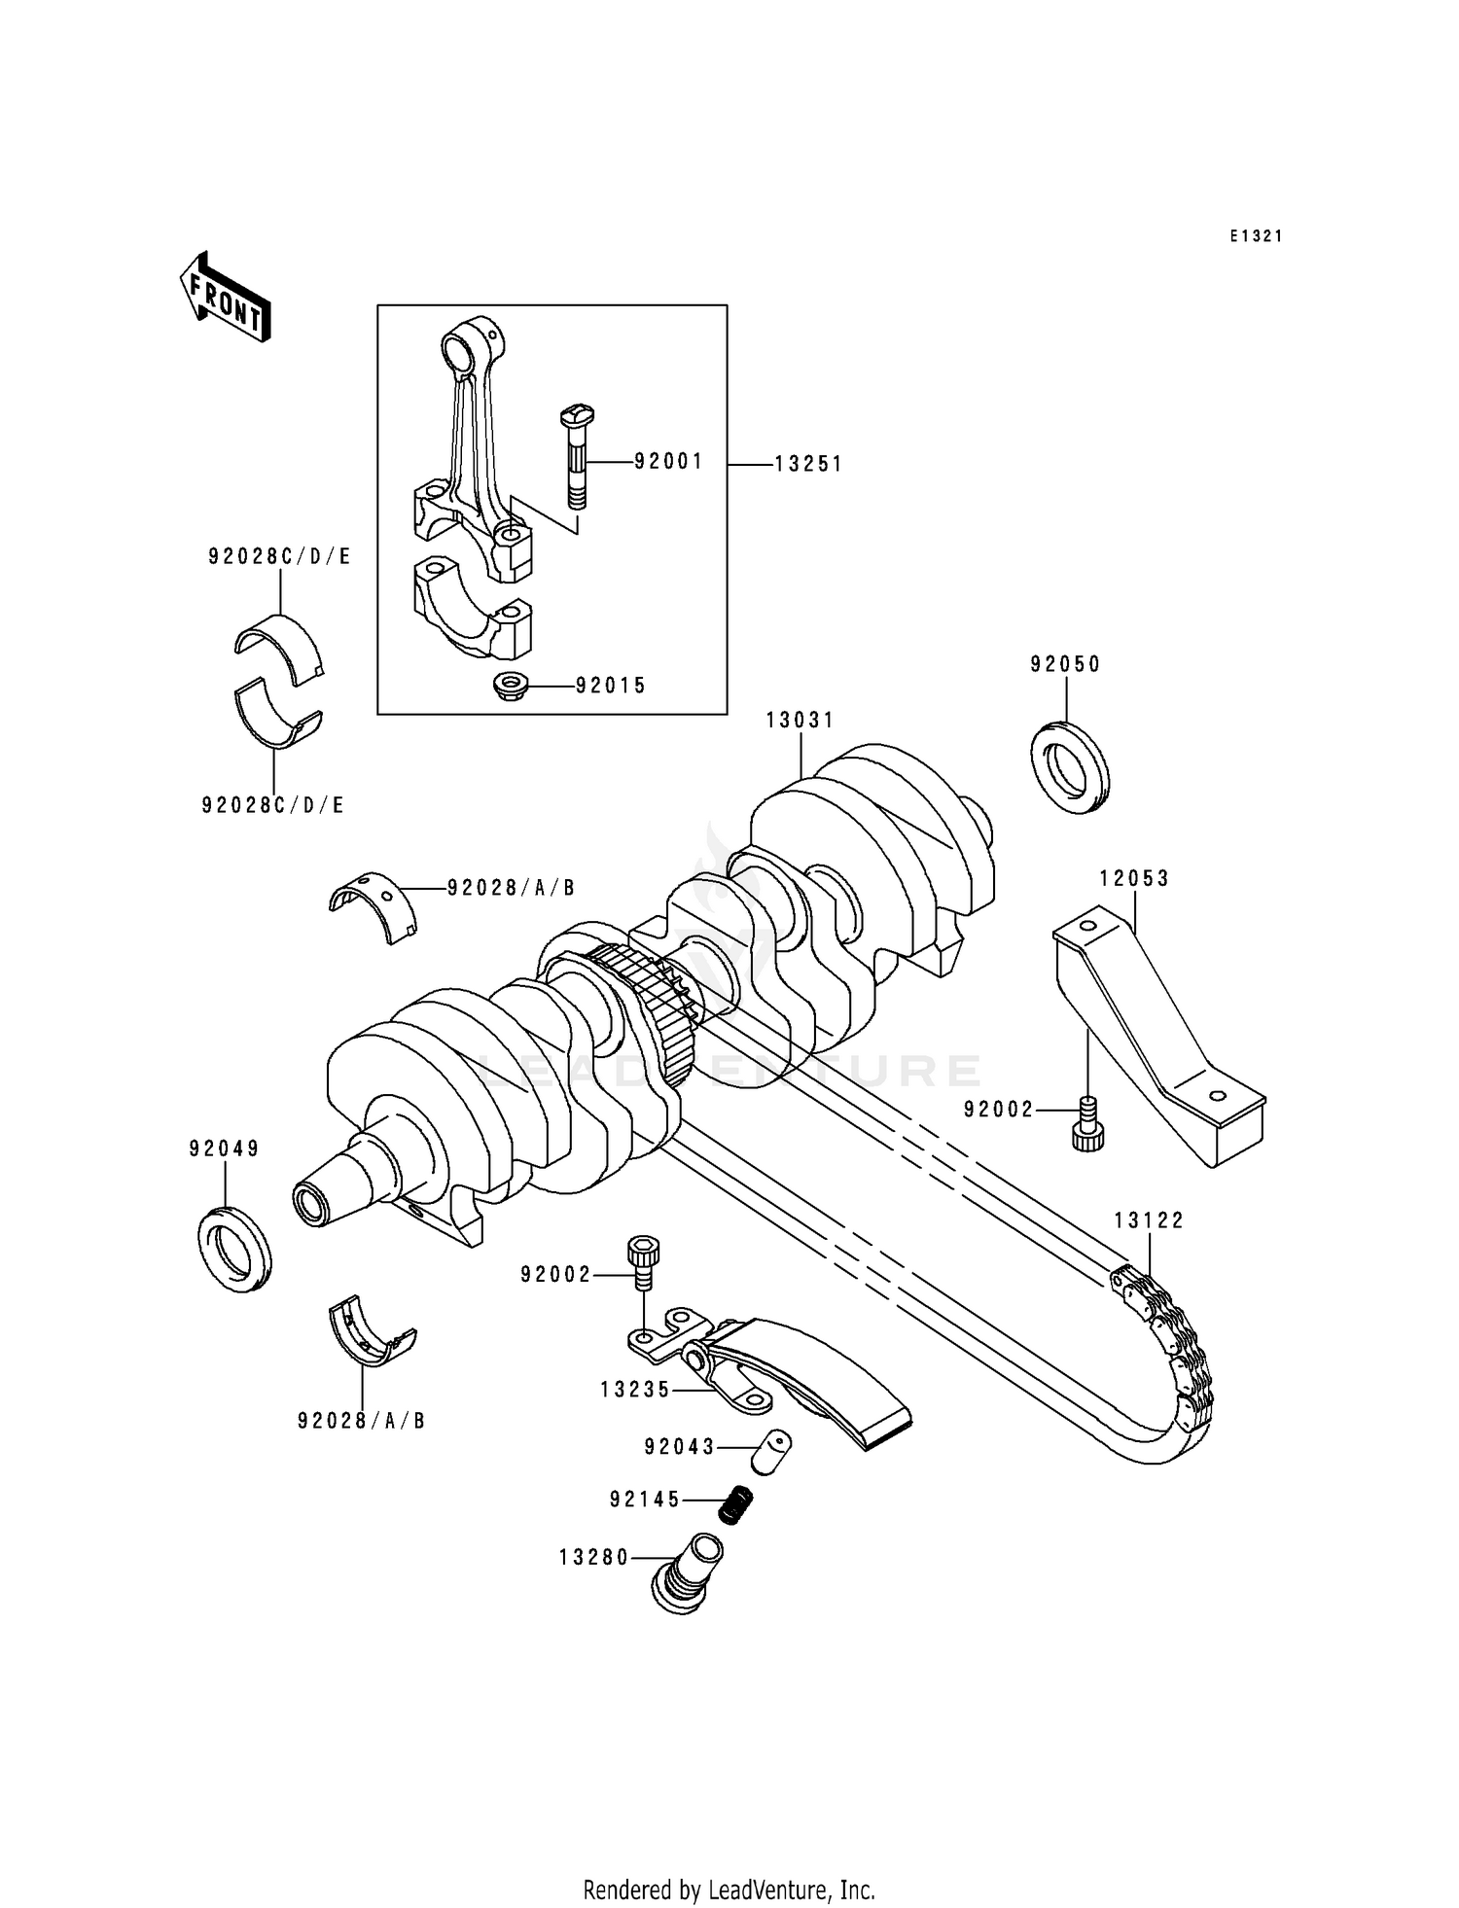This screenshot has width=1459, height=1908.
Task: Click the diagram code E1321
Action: coord(1256,236)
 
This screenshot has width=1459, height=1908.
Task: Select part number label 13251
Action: coord(807,465)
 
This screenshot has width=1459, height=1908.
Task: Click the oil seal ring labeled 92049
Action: coord(234,1248)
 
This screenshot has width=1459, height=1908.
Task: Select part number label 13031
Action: coord(800,721)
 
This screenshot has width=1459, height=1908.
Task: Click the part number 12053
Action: coord(1134,878)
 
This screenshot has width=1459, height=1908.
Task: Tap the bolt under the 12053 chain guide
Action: coord(1088,1125)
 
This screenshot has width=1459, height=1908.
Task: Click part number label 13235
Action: coord(635,1391)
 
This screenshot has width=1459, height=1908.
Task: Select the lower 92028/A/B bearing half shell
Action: coord(367,1326)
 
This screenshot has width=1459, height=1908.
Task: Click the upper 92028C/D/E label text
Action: coord(279,557)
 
